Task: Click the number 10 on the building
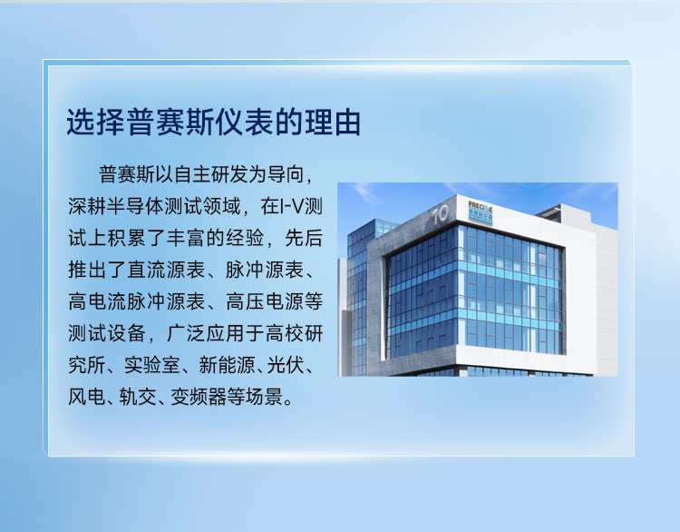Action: click(x=440, y=214)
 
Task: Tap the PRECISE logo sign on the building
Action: click(x=480, y=212)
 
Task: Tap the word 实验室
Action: click(x=151, y=365)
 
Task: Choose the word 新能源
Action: click(x=227, y=365)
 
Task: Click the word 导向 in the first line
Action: click(x=286, y=174)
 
